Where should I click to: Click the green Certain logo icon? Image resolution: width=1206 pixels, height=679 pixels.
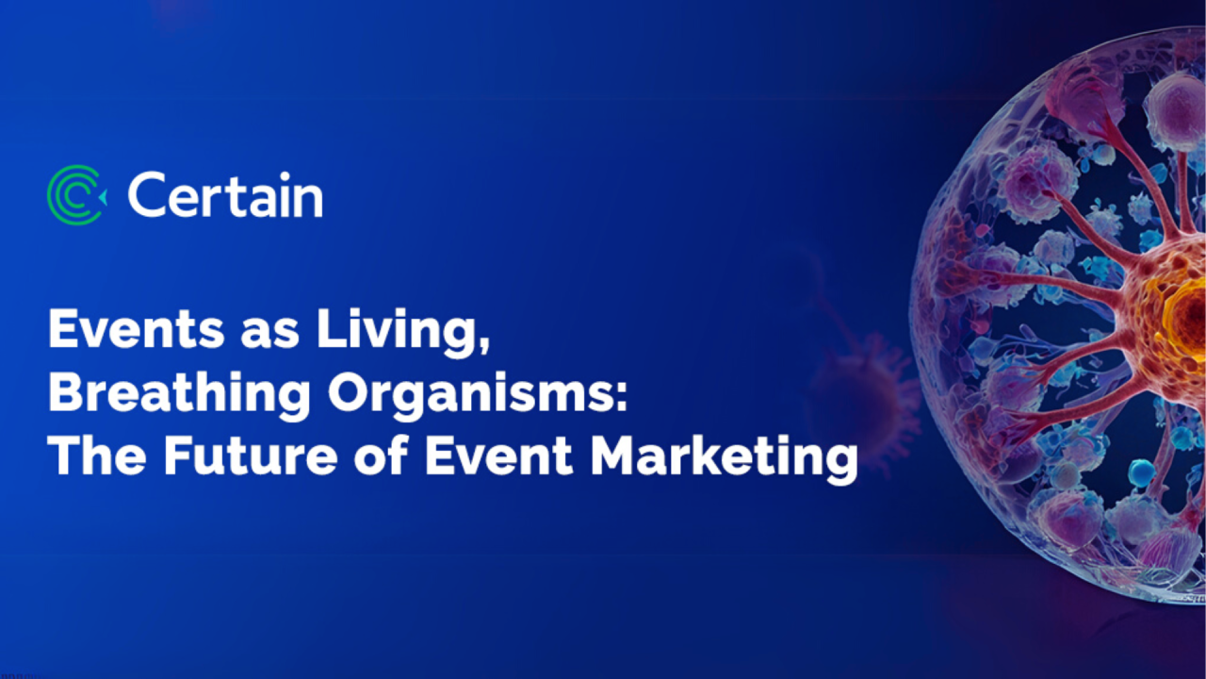76,195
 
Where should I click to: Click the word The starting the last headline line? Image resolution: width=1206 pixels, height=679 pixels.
95,457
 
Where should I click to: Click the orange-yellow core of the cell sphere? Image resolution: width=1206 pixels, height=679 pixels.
1182,311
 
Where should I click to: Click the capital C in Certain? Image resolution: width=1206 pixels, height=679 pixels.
146,195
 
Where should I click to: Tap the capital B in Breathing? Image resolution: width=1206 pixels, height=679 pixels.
63,394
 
